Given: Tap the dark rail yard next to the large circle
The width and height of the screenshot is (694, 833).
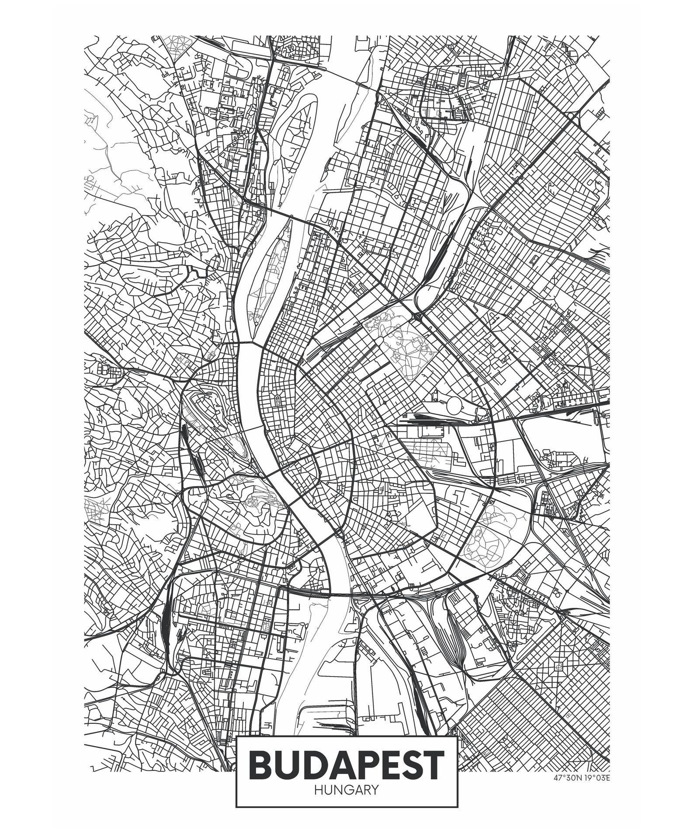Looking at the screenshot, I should click(x=426, y=419).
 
